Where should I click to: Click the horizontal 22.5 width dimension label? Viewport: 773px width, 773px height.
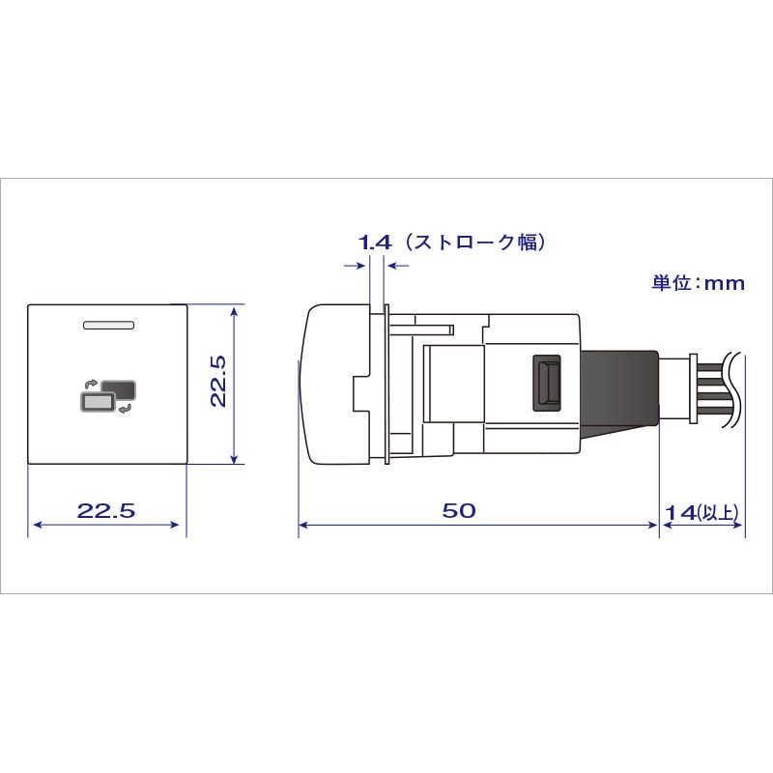pyautogui.click(x=106, y=511)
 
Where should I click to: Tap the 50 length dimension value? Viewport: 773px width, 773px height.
pyautogui.click(x=459, y=511)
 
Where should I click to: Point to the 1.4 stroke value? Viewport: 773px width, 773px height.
pyautogui.click(x=375, y=243)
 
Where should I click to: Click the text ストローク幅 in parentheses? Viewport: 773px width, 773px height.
pyautogui.click(x=474, y=243)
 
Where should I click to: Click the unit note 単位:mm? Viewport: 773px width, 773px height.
pyautogui.click(x=699, y=283)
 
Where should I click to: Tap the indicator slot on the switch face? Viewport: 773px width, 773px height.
pyautogui.click(x=107, y=327)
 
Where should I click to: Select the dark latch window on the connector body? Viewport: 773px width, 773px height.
pyautogui.click(x=546, y=383)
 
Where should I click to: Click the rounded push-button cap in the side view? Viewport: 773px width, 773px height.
pyautogui.click(x=333, y=384)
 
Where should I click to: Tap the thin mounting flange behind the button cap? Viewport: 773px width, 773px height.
pyautogui.click(x=386, y=384)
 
